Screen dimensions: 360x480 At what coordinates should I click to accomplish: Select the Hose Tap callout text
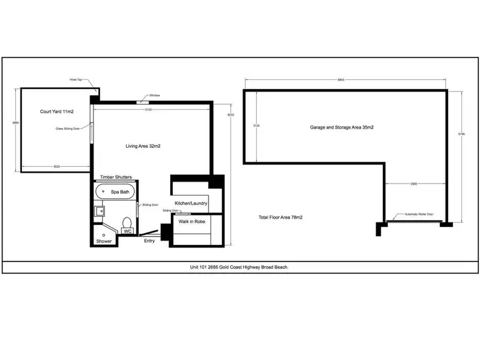pyautogui.click(x=77, y=80)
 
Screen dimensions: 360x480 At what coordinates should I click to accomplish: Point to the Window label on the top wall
pyautogui.click(x=154, y=95)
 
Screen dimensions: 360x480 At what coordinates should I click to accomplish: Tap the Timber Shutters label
pyautogui.click(x=116, y=177)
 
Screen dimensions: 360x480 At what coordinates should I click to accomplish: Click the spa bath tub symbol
pyautogui.click(x=115, y=191)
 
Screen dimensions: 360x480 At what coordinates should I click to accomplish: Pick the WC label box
pyautogui.click(x=127, y=231)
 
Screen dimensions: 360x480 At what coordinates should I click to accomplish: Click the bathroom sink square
pyautogui.click(x=100, y=210)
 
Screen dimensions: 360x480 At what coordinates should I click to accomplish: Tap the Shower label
pyautogui.click(x=104, y=241)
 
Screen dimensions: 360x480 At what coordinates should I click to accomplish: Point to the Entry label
pyautogui.click(x=149, y=241)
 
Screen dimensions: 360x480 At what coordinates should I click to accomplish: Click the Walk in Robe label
pyautogui.click(x=191, y=221)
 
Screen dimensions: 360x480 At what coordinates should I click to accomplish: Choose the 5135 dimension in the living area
pyautogui.click(x=148, y=109)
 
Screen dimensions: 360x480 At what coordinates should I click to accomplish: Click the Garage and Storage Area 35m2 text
pyautogui.click(x=342, y=128)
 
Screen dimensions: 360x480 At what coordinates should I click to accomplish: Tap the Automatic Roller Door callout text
pyautogui.click(x=419, y=214)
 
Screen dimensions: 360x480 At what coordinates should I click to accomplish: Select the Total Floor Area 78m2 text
pyautogui.click(x=280, y=218)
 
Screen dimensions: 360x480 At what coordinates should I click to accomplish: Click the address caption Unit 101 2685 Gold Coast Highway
pyautogui.click(x=239, y=267)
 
